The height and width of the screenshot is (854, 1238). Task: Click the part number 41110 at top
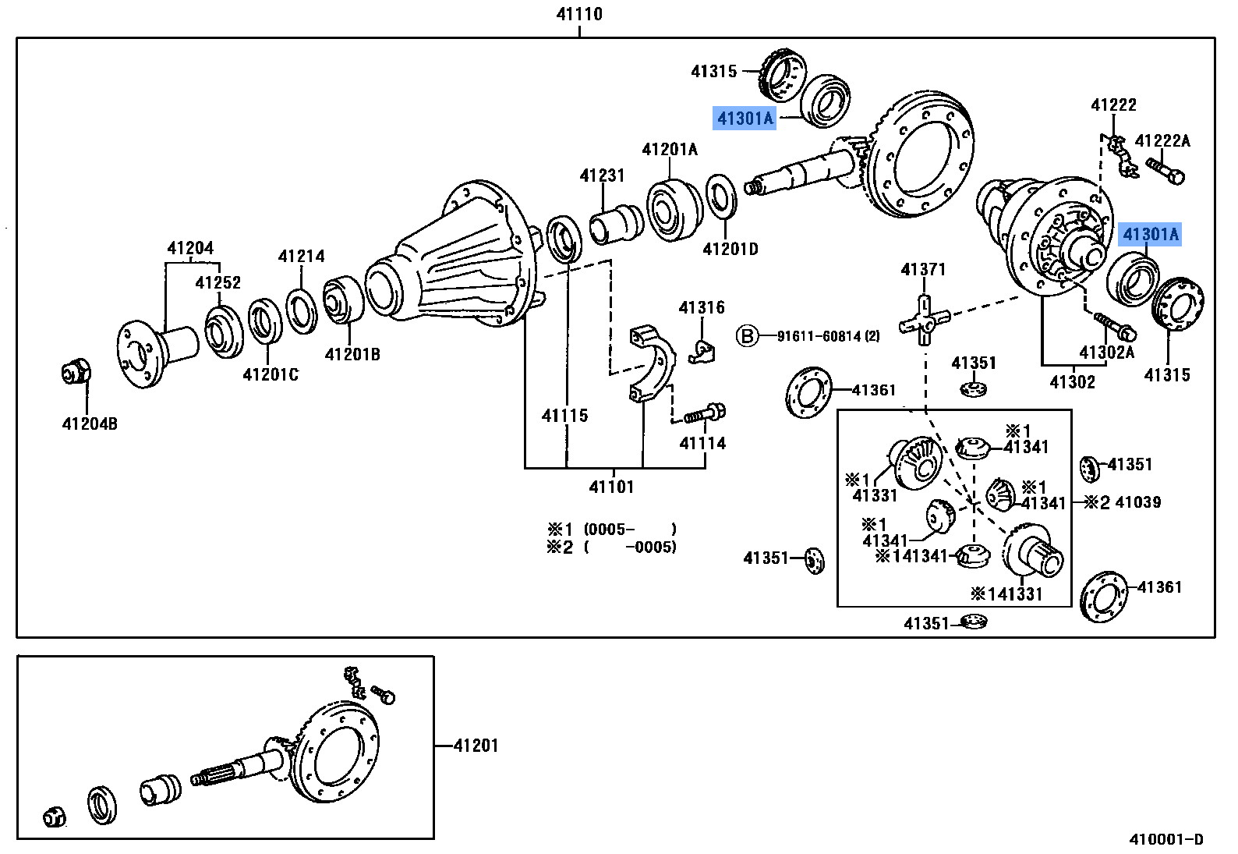point(579,14)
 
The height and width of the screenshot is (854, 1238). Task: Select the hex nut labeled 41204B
point(76,372)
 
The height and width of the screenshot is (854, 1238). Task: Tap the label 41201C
point(271,375)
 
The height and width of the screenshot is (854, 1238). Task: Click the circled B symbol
point(747,336)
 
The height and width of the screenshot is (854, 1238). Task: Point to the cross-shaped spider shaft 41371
point(924,319)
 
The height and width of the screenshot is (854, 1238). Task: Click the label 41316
point(702,308)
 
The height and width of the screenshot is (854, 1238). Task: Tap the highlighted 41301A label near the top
point(745,119)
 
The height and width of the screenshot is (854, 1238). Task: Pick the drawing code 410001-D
point(1166,840)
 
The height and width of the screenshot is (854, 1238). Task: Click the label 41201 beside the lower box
point(476,746)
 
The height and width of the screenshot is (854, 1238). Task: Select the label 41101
point(612,487)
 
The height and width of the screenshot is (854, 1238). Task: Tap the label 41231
point(602,176)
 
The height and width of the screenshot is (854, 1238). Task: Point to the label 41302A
point(1106,352)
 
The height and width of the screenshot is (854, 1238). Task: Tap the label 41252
point(218,283)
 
